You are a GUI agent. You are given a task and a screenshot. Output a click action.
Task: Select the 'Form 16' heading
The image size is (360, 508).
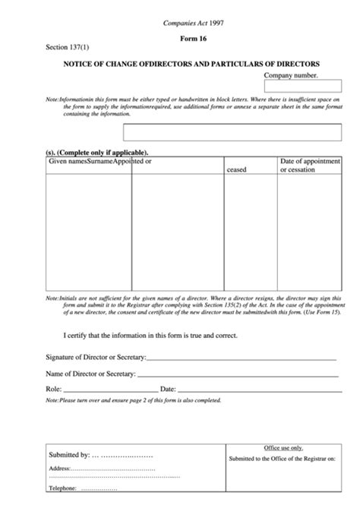click(193, 39)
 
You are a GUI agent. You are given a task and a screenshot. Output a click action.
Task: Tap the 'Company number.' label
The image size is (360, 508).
click(291, 76)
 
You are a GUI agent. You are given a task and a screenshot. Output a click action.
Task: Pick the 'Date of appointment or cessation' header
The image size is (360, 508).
click(307, 166)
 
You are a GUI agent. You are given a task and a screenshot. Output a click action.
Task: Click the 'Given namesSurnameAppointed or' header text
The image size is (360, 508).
click(99, 162)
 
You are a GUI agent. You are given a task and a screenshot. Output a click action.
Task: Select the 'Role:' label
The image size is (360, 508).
click(54, 389)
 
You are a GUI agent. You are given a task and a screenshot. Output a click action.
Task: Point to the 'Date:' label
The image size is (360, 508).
click(168, 389)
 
